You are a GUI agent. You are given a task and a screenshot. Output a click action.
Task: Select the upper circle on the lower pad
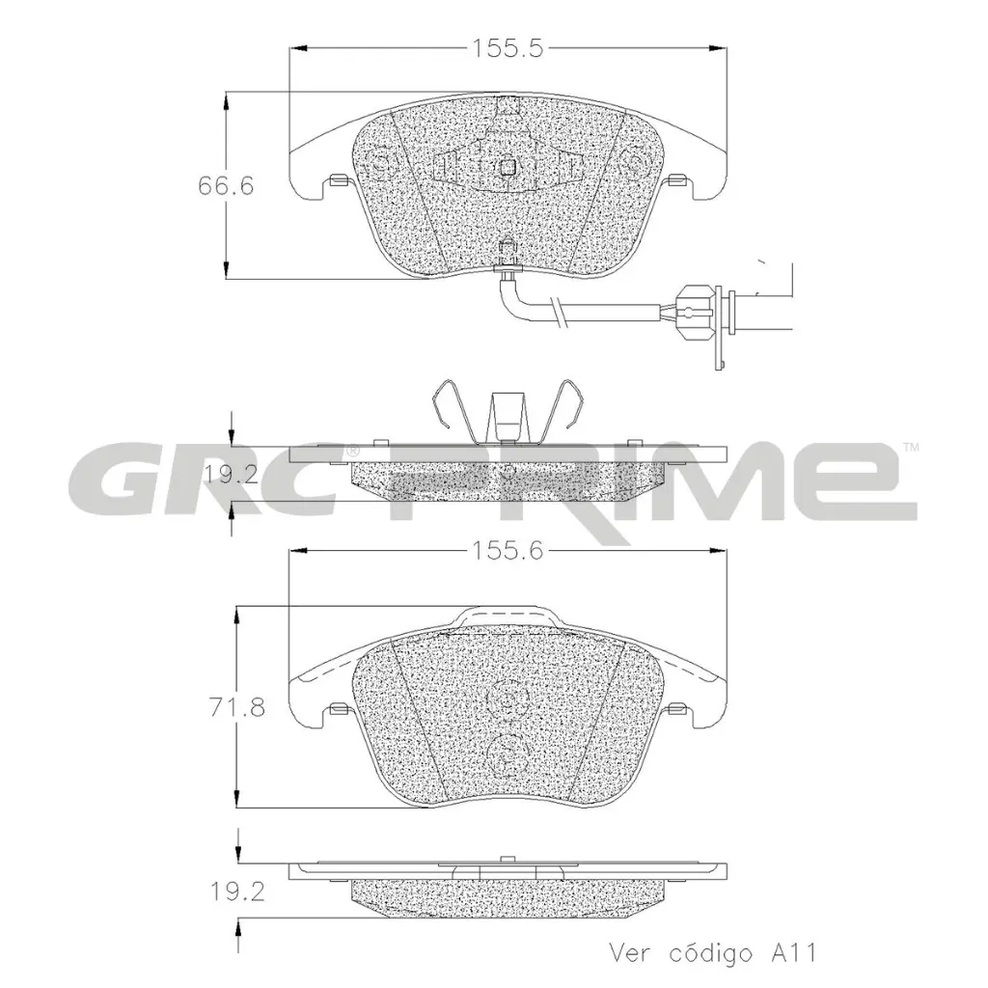pos(505,699)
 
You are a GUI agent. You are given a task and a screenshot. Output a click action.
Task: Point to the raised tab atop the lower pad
pos(508,617)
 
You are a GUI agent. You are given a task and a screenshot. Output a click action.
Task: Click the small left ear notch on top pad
pos(337,179)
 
